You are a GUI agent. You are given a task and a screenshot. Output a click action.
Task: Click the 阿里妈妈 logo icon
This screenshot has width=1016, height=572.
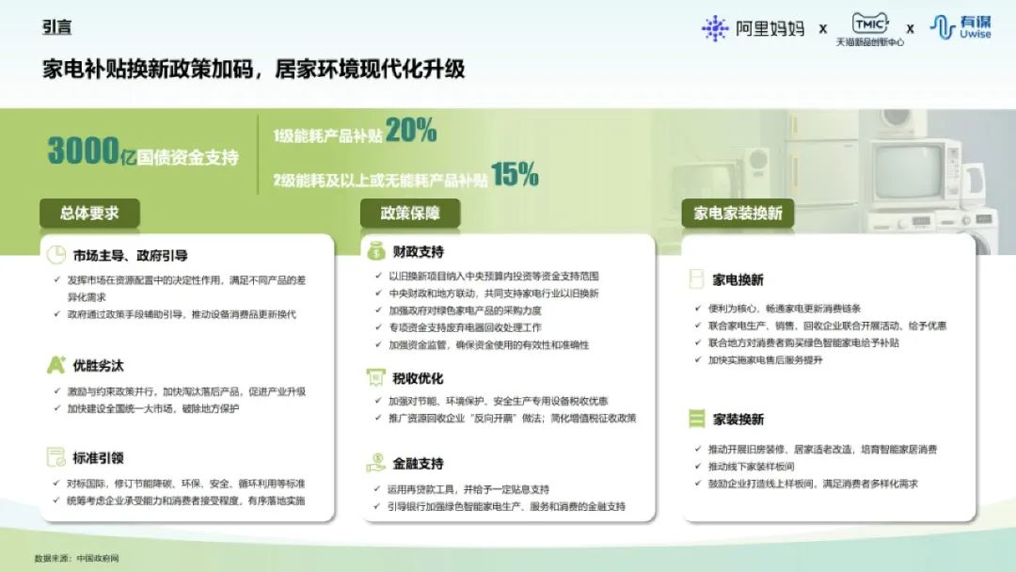(x=715, y=28)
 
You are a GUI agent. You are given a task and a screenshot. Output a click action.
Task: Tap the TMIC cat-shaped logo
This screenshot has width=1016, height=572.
(x=869, y=24)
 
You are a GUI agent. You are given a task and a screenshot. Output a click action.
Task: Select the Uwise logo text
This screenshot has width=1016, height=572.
(x=975, y=27)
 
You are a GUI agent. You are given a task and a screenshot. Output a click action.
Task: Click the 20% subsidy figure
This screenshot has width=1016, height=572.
(x=411, y=130)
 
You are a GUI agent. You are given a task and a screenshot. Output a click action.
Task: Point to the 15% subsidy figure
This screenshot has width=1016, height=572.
(x=515, y=174)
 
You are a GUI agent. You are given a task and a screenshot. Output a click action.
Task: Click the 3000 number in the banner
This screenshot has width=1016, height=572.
(x=83, y=151)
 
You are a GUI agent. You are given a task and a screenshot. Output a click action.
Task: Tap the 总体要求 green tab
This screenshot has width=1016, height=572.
(x=89, y=214)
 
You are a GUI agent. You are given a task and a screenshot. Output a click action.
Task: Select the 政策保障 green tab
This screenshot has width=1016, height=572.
(x=410, y=214)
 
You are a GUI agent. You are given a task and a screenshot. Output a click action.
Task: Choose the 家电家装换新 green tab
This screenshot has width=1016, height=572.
(x=738, y=214)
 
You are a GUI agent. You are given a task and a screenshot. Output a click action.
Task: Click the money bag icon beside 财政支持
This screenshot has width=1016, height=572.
(x=375, y=250)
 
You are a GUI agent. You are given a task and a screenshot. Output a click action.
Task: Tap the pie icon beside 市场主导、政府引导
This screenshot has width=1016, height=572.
(x=56, y=255)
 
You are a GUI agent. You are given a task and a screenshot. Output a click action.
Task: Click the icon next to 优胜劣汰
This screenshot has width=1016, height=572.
(x=56, y=365)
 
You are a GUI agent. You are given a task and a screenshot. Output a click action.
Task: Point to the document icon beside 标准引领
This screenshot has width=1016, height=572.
(x=56, y=456)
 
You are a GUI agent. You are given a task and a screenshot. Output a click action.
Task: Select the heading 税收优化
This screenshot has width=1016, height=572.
(x=418, y=378)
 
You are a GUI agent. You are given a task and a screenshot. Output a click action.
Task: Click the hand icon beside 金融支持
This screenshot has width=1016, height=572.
(x=375, y=463)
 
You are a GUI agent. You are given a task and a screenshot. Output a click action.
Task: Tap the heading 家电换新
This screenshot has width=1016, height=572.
(x=738, y=279)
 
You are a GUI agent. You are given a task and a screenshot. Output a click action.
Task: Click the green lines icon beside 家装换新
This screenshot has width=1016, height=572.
(x=696, y=419)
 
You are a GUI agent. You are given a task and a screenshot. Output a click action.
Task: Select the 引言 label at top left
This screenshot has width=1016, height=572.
(x=57, y=27)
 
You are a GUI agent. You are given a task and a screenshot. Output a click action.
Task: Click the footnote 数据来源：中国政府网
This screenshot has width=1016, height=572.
(x=77, y=558)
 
